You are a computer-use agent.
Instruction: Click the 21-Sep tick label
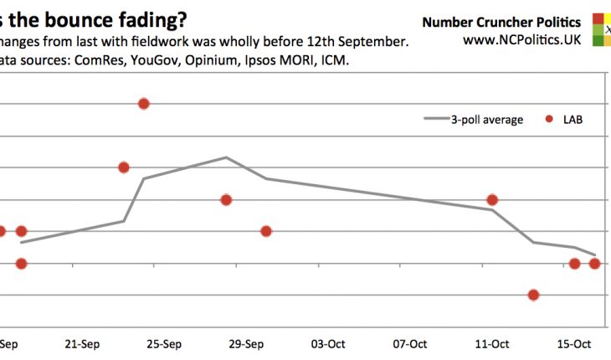pos(82,342)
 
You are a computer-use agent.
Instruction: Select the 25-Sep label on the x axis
pos(164,342)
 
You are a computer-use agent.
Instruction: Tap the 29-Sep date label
pos(246,342)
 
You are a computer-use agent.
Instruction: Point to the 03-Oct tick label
pos(328,342)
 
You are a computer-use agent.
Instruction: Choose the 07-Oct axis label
pos(410,342)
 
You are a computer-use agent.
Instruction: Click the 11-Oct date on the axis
pos(492,342)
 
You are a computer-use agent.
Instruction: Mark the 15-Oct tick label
pos(574,342)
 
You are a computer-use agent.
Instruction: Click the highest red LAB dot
pos(144,104)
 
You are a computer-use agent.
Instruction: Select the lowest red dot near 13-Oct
pos(533,295)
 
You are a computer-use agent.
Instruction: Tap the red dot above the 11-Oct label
pos(492,199)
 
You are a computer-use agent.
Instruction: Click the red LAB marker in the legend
pos(549,120)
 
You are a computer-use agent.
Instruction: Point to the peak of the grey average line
pos(226,157)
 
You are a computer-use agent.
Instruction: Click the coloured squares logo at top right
pos(602,28)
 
